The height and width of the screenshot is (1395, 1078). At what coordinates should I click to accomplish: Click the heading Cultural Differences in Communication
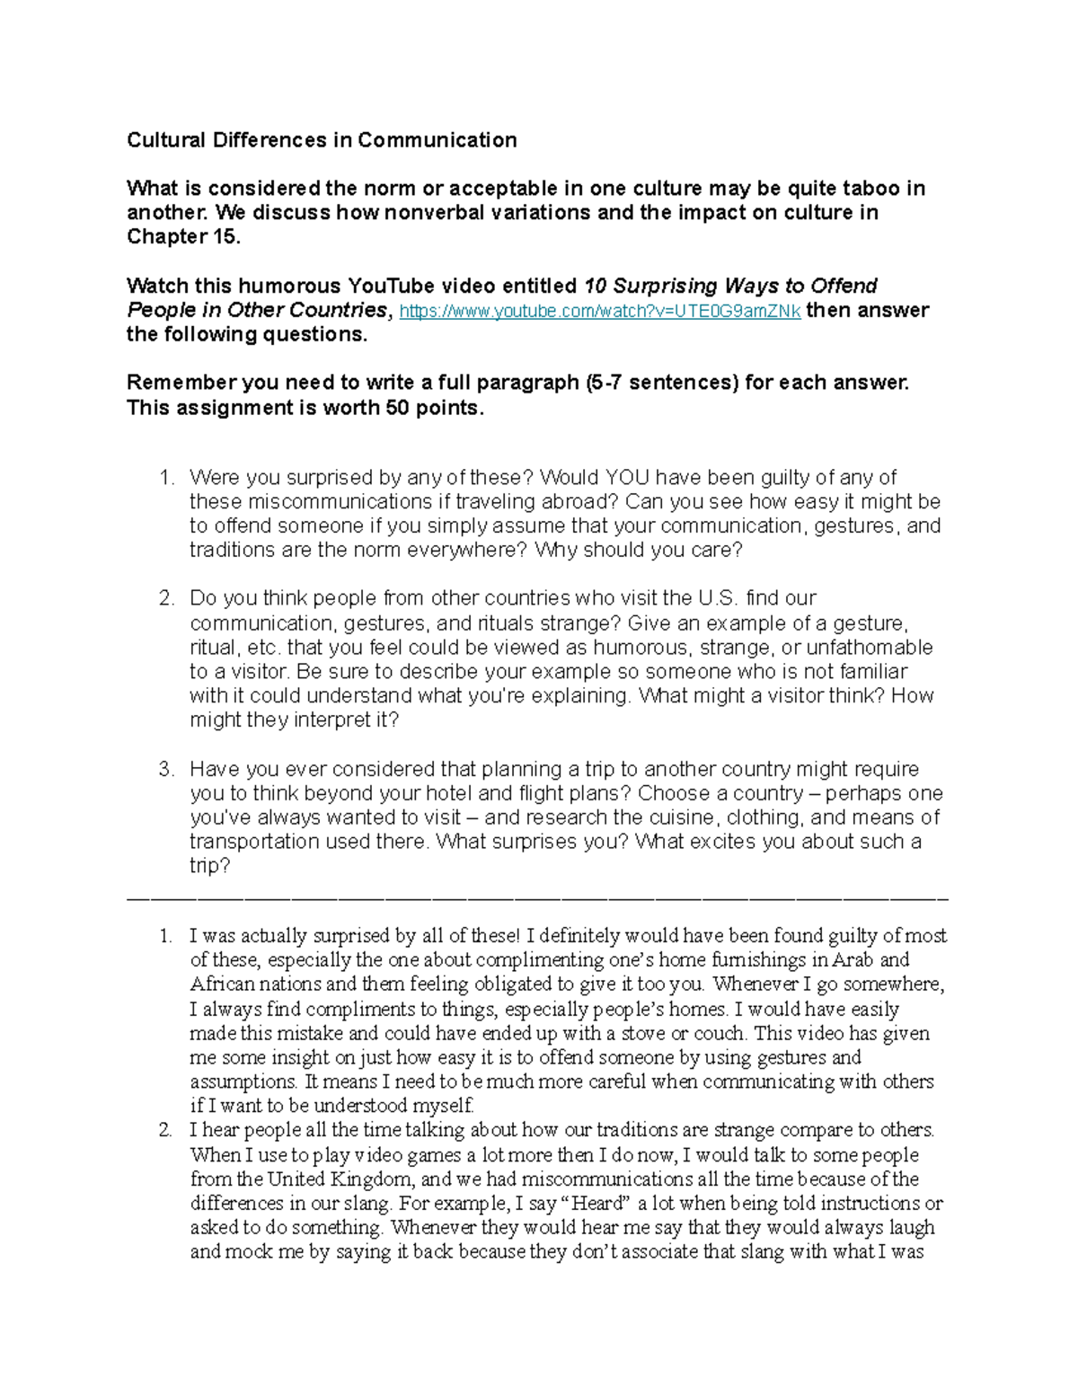coord(322,140)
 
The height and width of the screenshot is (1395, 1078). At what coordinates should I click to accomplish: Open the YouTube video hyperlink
coord(599,312)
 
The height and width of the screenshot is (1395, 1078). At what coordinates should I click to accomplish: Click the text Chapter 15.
coord(183,237)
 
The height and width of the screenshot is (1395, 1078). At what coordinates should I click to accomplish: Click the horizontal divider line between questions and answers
coord(537,897)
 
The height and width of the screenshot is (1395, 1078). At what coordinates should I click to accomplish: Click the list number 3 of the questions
coord(165,770)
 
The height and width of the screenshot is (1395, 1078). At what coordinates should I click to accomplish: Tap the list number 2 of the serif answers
coord(165,1131)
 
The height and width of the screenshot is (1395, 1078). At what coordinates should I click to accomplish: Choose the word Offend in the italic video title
coord(844,287)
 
